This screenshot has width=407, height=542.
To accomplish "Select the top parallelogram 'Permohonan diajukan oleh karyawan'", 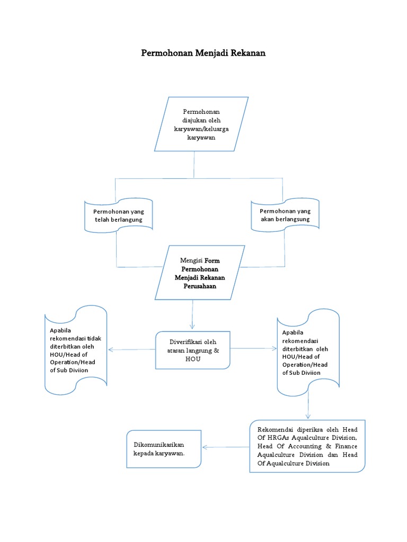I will [x=201, y=124].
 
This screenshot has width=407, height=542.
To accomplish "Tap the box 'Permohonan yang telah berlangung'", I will [x=119, y=215].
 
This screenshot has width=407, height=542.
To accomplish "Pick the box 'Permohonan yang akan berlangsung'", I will [x=285, y=215].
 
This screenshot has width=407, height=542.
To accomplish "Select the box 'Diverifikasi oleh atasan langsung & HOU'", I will [x=193, y=350].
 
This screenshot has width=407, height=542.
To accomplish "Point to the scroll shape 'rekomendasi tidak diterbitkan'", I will [x=76, y=350].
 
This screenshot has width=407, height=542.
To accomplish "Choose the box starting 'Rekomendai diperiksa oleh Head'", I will [x=307, y=446].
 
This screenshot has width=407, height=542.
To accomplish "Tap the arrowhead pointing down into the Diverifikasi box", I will [x=192, y=326].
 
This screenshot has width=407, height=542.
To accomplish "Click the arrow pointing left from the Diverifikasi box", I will [x=111, y=349].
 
